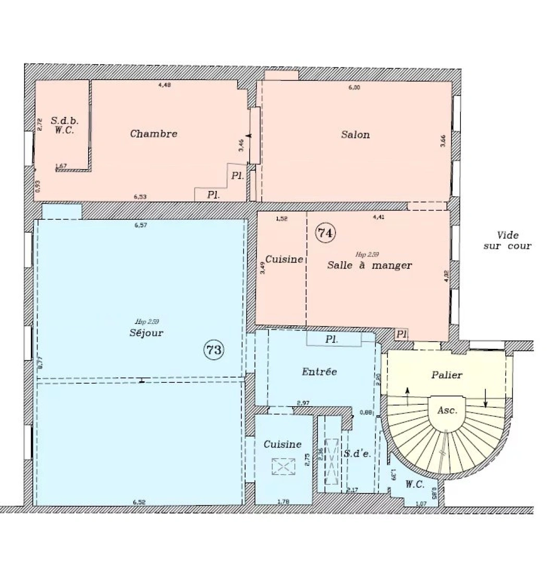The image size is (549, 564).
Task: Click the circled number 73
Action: pos(214,350)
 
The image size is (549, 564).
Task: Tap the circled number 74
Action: pos(325,233)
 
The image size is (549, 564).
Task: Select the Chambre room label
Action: pos(153,134)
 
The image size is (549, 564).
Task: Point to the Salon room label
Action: pos(355,135)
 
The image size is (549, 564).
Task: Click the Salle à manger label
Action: pos(369,265)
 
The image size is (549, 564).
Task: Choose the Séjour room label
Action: pos(142,333)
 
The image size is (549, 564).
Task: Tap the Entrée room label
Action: pos(319,372)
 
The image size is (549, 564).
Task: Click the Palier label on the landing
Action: pos(447,375)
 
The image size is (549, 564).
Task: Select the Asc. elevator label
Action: pos(447,410)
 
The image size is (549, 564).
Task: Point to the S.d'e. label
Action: pos(357,454)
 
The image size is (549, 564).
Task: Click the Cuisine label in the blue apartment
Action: pos(282,444)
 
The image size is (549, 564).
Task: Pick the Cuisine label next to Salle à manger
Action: pos(284,259)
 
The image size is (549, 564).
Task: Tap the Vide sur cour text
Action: pos(507,241)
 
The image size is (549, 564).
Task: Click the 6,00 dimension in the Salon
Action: pos(353,88)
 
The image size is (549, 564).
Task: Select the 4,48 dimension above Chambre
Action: pos(165,86)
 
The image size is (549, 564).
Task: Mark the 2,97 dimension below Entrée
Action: pos(303,403)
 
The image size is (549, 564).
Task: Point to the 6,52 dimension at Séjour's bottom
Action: pos(139,502)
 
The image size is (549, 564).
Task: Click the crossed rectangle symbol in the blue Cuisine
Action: pos(283,466)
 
